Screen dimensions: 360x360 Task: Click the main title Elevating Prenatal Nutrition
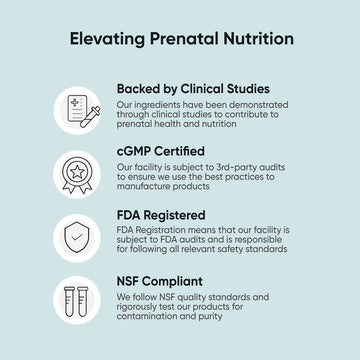(x=180, y=39)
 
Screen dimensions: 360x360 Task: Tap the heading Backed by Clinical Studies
(x=192, y=88)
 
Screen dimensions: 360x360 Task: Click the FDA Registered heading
(x=161, y=214)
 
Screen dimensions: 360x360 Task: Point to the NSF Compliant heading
(x=159, y=282)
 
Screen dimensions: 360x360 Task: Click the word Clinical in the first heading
(x=202, y=88)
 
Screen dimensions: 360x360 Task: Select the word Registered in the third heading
(x=176, y=214)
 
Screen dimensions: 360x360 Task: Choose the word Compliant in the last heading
(x=176, y=282)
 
